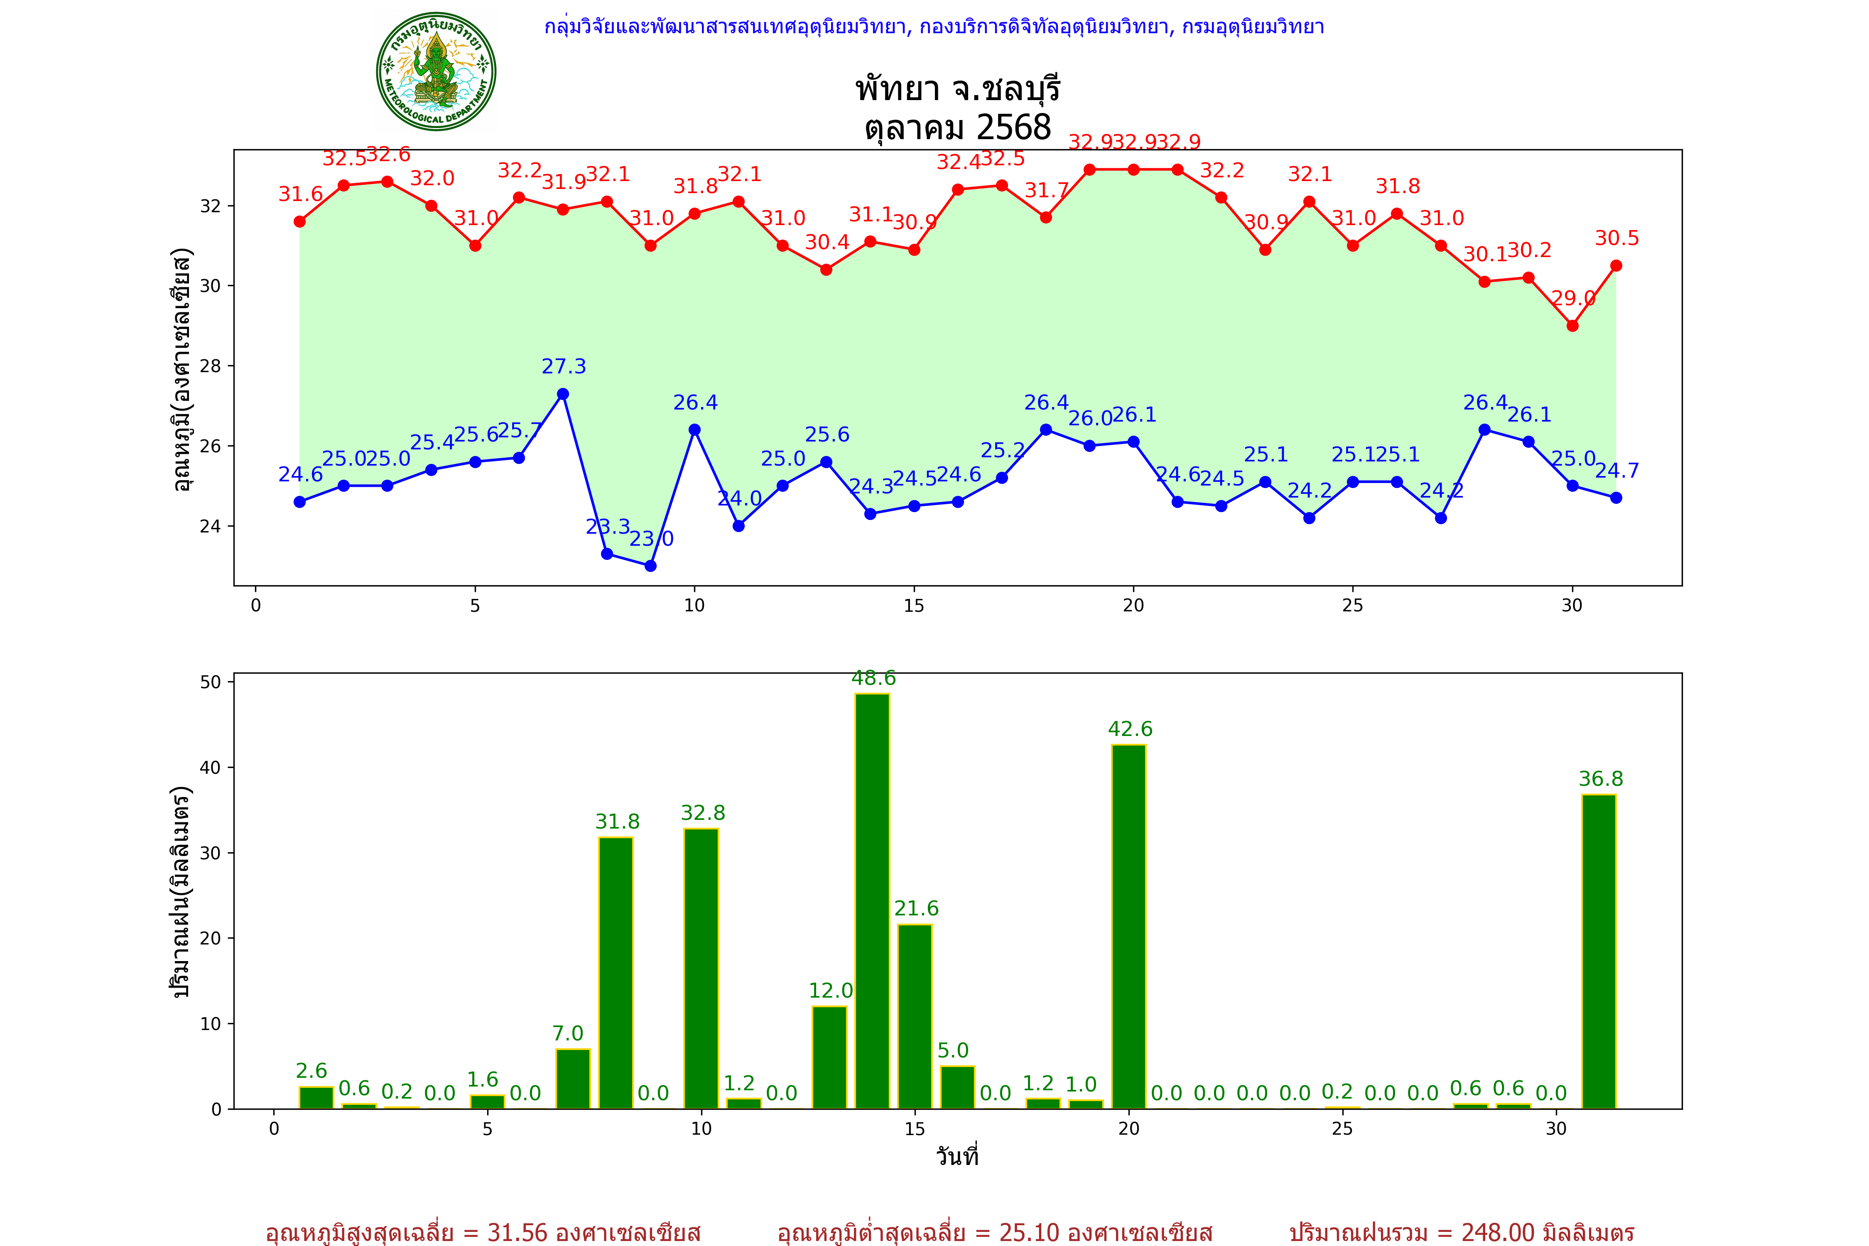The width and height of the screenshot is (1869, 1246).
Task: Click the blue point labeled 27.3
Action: (x=563, y=394)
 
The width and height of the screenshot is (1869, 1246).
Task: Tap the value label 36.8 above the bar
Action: (x=1600, y=779)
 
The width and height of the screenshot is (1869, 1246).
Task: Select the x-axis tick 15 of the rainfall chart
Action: (x=915, y=1128)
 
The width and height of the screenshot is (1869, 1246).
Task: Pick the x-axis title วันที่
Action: (x=957, y=1156)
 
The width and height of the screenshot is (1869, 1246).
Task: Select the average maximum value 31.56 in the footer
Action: (x=518, y=1232)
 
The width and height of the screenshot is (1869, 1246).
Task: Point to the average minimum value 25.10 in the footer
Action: (x=1029, y=1232)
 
